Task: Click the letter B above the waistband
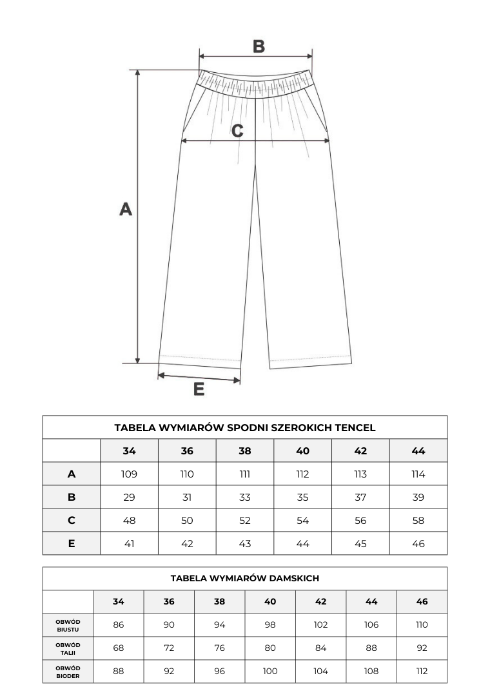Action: [x=258, y=46]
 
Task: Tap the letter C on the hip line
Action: [x=237, y=131]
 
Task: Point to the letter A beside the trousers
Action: [x=126, y=209]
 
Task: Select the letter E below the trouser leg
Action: [x=199, y=389]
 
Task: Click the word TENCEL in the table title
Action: [x=354, y=427]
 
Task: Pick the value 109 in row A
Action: [x=129, y=474]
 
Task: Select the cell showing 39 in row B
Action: [x=418, y=498]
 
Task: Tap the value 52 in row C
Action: [x=245, y=521]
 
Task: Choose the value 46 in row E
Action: [x=418, y=544]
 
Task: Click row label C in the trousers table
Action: [x=72, y=521]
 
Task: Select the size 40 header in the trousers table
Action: [x=303, y=451]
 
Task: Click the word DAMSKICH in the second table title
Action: [x=289, y=579]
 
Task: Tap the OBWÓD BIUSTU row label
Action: [x=68, y=625]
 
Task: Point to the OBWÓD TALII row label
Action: [x=68, y=648]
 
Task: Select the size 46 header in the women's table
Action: [x=422, y=602]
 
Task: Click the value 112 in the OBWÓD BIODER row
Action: [x=422, y=672]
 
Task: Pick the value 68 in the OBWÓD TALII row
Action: [x=119, y=648]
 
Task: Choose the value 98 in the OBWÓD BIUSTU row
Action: [x=270, y=625]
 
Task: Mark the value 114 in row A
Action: [x=418, y=474]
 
